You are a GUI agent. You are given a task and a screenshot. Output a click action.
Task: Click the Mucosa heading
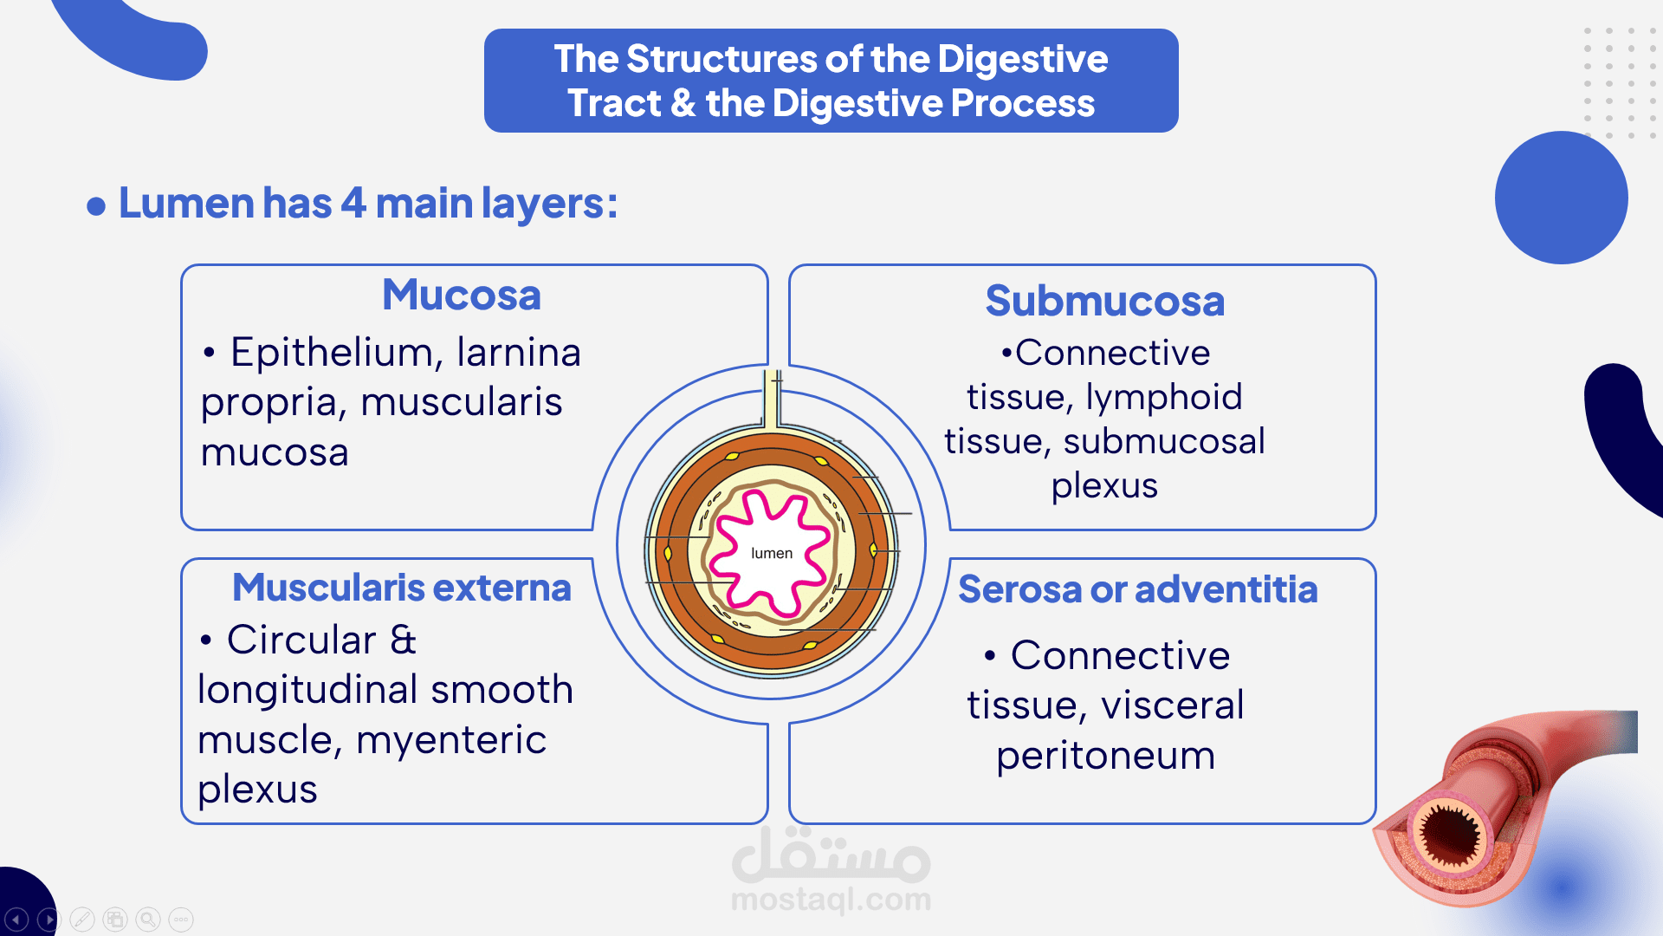pyautogui.click(x=462, y=296)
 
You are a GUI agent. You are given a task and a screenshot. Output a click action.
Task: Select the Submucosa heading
pyautogui.click(x=1104, y=302)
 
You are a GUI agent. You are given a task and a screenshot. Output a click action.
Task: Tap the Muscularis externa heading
pyautogui.click(x=402, y=588)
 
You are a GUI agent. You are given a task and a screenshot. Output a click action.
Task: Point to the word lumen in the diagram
pyautogui.click(x=771, y=554)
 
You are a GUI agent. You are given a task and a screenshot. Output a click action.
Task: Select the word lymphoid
pyautogui.click(x=1163, y=398)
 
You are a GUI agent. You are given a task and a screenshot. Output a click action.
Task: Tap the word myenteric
pyautogui.click(x=451, y=740)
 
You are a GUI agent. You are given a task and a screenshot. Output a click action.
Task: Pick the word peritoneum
pyautogui.click(x=1105, y=756)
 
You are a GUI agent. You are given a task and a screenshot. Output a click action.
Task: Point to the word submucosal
pyautogui.click(x=1163, y=442)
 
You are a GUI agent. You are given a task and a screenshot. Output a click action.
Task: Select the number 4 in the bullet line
pyautogui.click(x=353, y=204)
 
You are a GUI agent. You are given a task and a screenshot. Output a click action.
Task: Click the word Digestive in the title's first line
pyautogui.click(x=1022, y=60)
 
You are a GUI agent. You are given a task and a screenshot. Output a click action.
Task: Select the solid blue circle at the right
pyautogui.click(x=1561, y=198)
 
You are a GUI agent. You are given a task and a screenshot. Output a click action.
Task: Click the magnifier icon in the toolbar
pyautogui.click(x=148, y=919)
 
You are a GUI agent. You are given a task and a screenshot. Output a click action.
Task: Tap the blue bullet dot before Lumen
pyautogui.click(x=96, y=206)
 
